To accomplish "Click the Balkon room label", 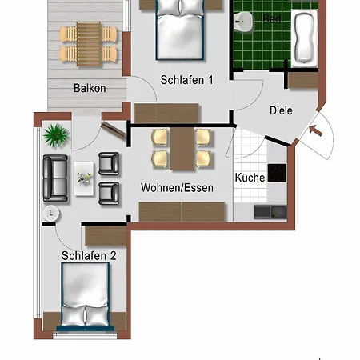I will (90, 88).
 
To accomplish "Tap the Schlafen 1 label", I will (186, 80).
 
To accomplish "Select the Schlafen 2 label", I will (89, 256).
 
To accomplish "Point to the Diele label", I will (281, 111).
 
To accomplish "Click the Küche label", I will (250, 178).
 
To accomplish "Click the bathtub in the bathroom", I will (305, 38).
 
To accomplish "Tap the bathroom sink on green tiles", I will (244, 22).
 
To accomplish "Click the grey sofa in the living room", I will (55, 178).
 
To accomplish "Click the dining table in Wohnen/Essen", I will (182, 149).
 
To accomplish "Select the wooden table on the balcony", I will (90, 42).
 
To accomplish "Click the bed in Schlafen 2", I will (85, 294).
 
